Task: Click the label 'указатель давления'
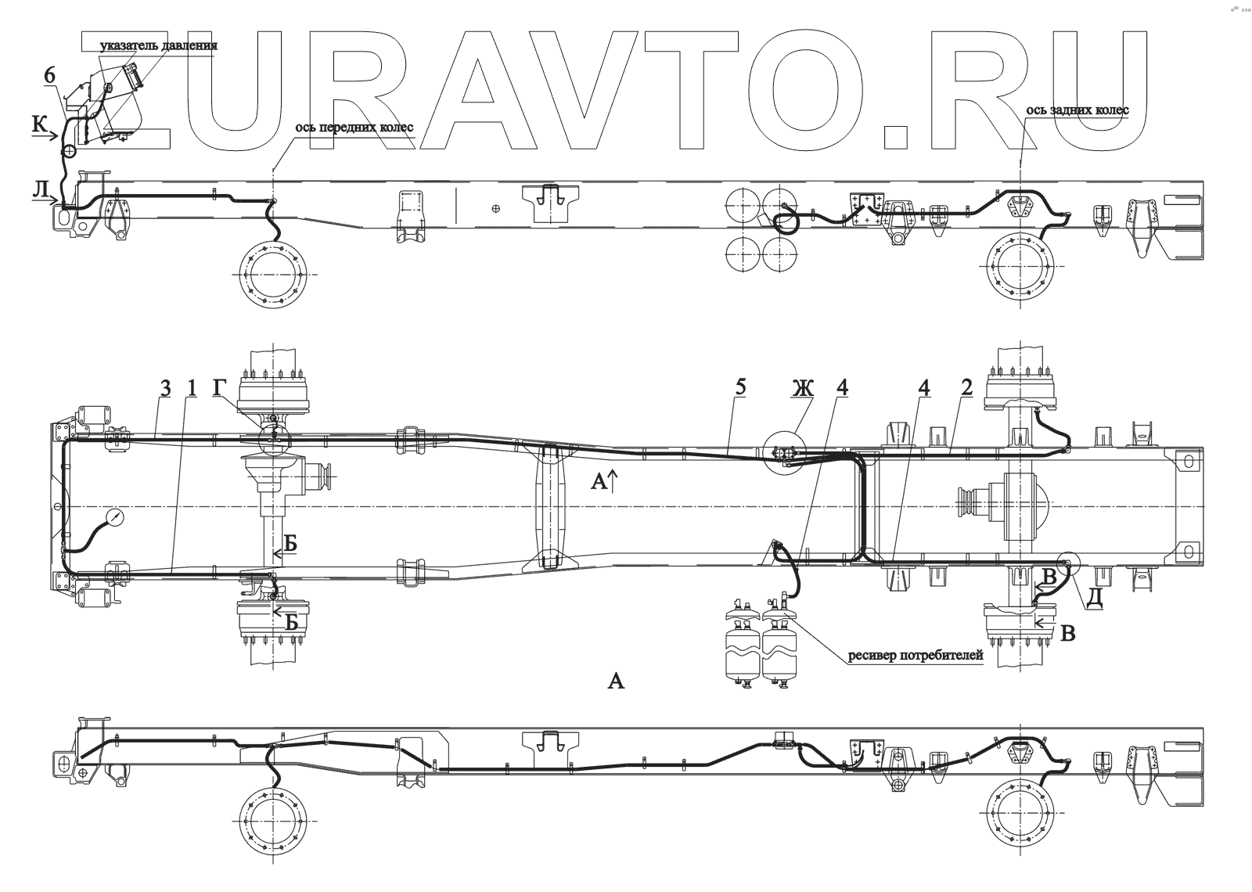(158, 45)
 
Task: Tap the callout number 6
(49, 75)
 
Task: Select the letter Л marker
(39, 190)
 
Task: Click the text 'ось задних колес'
(1078, 110)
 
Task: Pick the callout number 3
(165, 388)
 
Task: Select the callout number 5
(741, 387)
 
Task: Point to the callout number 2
(966, 387)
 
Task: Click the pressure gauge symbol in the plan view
(116, 518)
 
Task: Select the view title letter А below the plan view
(616, 681)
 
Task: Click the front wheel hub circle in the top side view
(273, 271)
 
